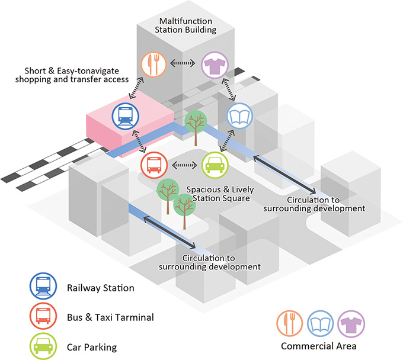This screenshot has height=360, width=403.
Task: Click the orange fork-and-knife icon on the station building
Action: (153, 64)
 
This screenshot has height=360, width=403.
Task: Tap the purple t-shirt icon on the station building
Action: (214, 64)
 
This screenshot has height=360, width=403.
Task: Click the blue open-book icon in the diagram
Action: (242, 115)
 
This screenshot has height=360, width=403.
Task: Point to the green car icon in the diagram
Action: (214, 165)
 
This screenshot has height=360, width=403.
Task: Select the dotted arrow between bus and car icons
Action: (183, 165)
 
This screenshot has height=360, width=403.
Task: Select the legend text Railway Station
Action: (100, 288)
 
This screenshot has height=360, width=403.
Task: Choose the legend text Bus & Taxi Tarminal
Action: (110, 317)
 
